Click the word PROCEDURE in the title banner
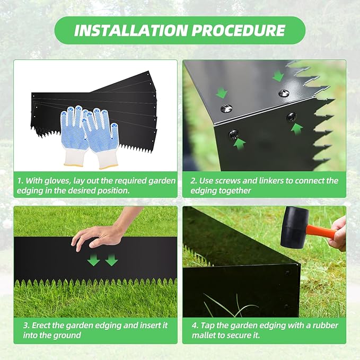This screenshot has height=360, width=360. (x=240, y=30)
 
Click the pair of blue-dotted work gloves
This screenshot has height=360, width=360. (x=88, y=133)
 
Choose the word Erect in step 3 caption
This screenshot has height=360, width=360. (x=42, y=325)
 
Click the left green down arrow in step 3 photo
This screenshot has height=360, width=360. (x=94, y=260)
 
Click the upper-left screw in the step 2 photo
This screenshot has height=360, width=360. (x=226, y=109)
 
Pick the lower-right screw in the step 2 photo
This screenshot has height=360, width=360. (x=292, y=117)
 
